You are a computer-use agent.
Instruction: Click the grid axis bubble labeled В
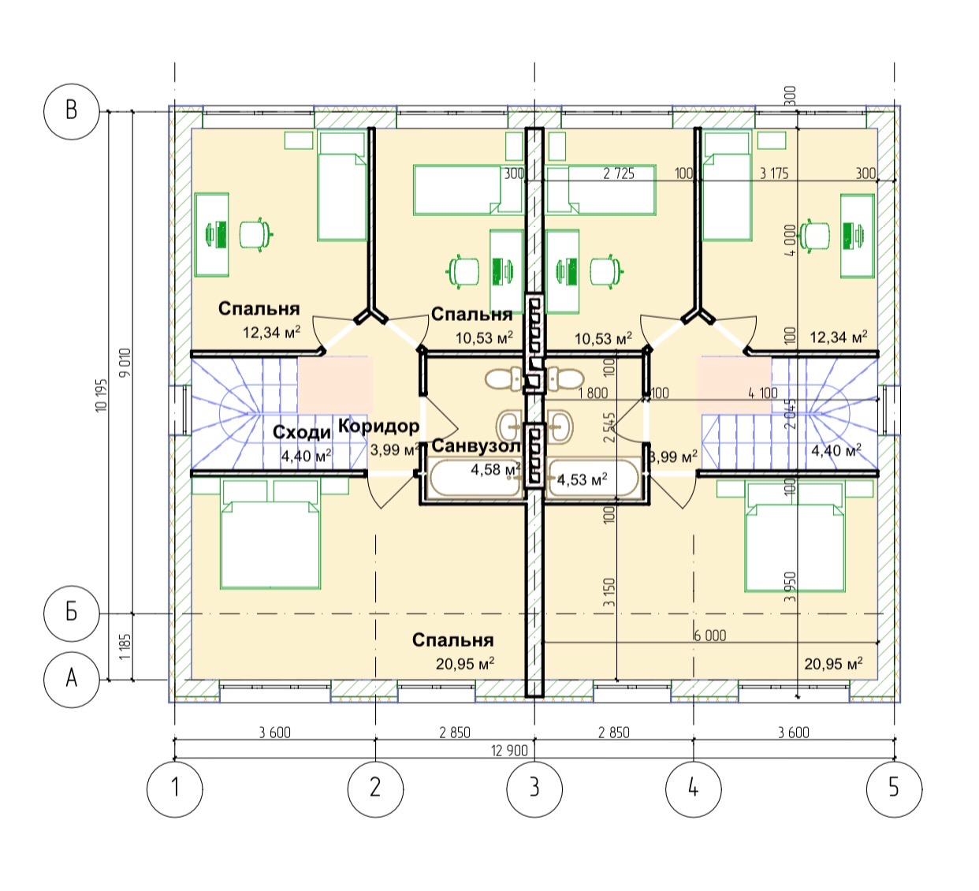tap(71, 111)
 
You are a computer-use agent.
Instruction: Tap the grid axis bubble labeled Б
tap(71, 613)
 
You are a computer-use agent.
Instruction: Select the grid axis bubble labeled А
tap(71, 679)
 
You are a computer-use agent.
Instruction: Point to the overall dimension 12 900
tap(509, 751)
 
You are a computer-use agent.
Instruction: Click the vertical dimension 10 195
tap(102, 395)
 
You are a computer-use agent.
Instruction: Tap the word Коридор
tap(378, 426)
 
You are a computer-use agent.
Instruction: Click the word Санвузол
tap(476, 445)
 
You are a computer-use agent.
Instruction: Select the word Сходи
tap(302, 432)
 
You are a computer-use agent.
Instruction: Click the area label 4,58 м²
tap(495, 469)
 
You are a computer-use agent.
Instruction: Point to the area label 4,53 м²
tap(582, 479)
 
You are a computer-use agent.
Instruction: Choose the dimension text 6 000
tap(710, 636)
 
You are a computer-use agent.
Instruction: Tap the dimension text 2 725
tap(619, 173)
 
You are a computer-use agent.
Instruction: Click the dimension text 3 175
tap(774, 173)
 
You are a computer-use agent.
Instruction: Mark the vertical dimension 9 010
tap(126, 362)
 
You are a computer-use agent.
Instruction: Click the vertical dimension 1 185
tap(125, 647)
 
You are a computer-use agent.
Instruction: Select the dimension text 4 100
tap(763, 393)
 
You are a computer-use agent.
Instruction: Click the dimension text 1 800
tap(593, 393)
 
